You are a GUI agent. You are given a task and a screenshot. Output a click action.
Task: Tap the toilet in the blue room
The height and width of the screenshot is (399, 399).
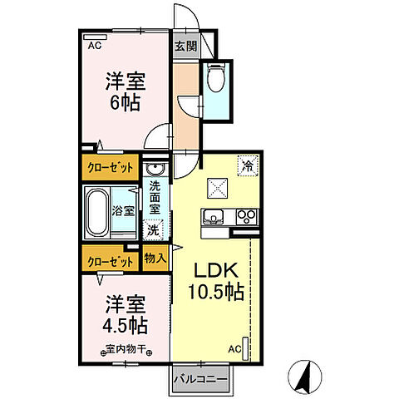tap(216, 79)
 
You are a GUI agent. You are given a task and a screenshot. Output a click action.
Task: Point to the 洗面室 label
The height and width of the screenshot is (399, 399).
tap(155, 199)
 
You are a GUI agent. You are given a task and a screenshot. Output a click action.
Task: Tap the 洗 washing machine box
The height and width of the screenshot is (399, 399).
tap(154, 228)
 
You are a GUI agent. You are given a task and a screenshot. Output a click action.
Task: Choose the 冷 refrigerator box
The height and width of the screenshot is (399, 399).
tap(247, 165)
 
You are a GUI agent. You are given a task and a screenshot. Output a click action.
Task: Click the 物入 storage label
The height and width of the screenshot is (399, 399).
tap(155, 259)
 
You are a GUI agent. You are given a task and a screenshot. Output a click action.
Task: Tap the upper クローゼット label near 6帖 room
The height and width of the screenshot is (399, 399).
tap(111, 167)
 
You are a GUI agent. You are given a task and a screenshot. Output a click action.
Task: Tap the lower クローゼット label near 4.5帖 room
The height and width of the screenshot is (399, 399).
tap(111, 261)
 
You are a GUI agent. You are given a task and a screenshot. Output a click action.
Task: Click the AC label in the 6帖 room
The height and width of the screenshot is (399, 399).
tap(94, 47)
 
